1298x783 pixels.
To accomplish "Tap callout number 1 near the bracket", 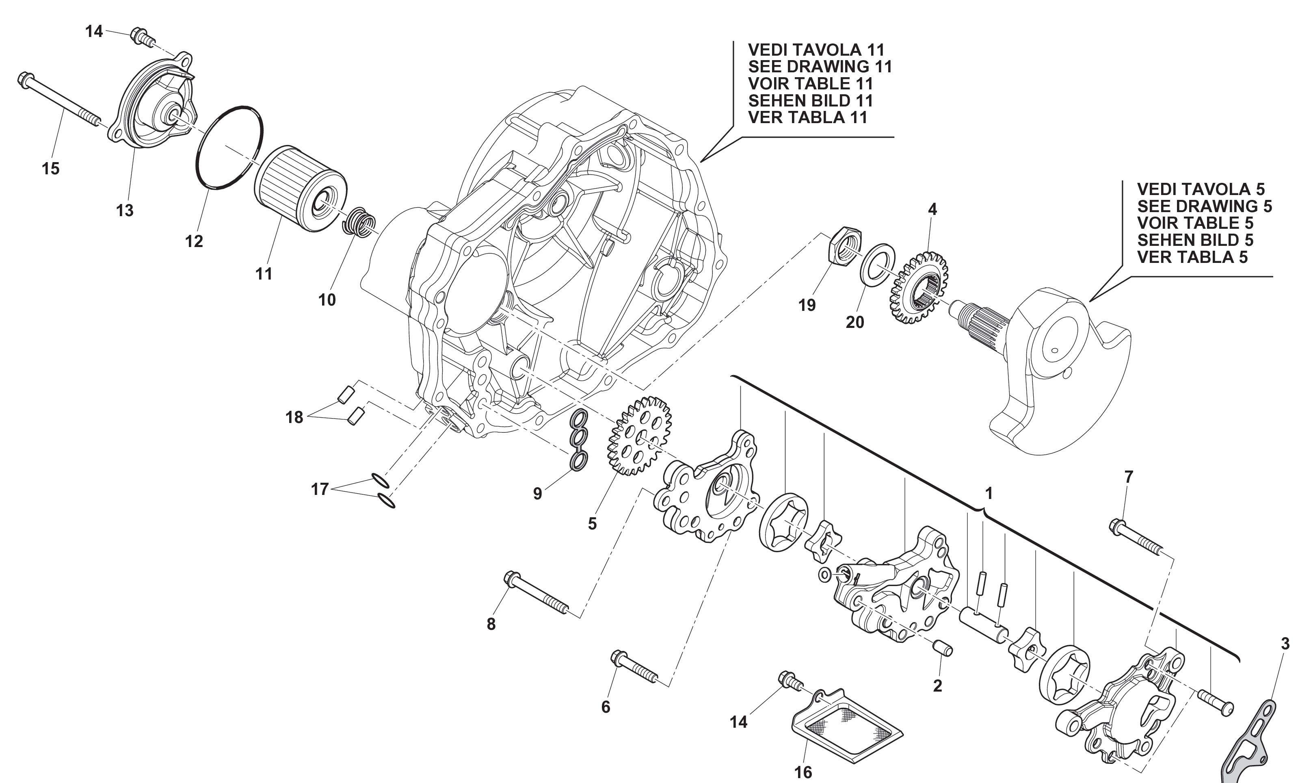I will point(989,493).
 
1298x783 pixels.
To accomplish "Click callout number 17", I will point(320,490).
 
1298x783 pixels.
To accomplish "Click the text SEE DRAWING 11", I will point(820,67).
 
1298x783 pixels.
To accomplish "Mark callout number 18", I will point(294,417).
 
